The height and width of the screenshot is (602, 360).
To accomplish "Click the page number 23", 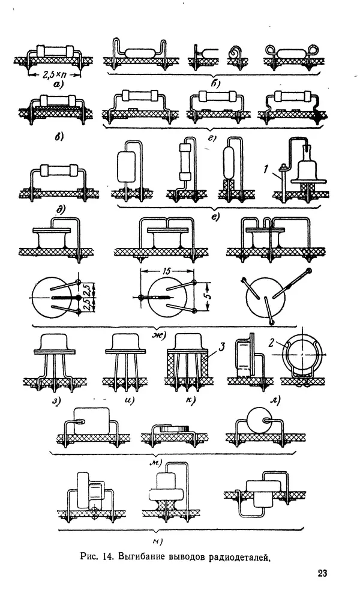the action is point(322,573).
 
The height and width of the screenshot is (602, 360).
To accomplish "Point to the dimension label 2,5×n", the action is point(54,75).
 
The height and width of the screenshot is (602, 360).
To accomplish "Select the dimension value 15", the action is point(167,271).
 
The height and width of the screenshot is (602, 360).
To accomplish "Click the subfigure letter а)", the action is point(58,85).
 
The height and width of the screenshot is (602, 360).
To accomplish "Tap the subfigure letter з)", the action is point(56,401).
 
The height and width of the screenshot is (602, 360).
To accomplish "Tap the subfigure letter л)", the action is point(275,401).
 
